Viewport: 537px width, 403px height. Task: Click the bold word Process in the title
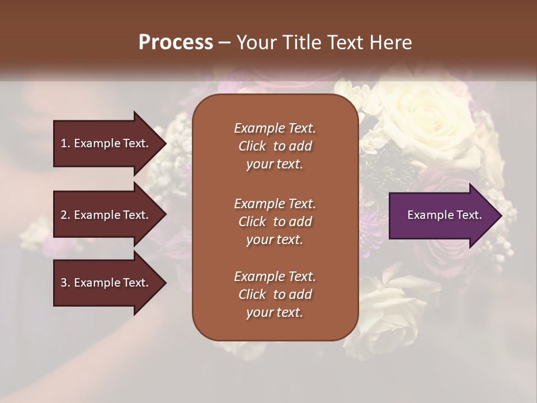(176, 43)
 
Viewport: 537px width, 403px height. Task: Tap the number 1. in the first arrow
(65, 143)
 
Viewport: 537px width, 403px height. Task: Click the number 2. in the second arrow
(65, 215)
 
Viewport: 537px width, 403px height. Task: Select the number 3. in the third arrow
(65, 283)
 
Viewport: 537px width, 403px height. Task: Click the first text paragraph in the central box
(275, 146)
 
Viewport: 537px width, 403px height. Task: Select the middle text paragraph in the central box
(275, 221)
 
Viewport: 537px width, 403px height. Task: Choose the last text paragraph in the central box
(275, 294)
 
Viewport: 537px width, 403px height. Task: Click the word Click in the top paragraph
(252, 146)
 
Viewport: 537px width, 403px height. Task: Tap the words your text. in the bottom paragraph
(275, 313)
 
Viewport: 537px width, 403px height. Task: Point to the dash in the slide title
(225, 43)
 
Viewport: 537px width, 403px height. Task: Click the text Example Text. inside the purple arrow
(445, 215)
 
